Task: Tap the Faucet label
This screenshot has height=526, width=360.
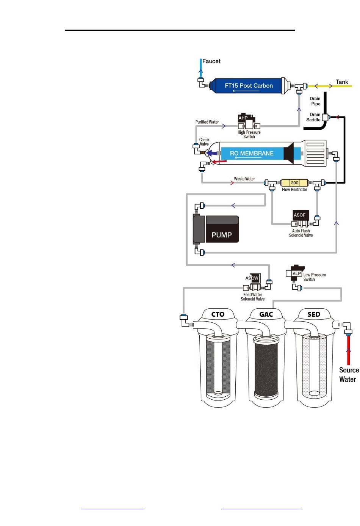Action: (x=211, y=61)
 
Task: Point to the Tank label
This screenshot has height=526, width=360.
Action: (x=342, y=82)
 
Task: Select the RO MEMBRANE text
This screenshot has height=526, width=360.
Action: (x=252, y=153)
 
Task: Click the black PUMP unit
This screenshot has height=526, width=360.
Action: (x=216, y=229)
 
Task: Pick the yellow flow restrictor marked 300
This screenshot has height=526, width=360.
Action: (x=294, y=183)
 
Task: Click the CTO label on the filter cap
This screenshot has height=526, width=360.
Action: (x=218, y=314)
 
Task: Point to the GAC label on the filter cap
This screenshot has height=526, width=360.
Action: (x=266, y=314)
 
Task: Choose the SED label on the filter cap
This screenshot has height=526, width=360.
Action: (x=314, y=314)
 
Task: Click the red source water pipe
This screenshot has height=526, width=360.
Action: (x=349, y=350)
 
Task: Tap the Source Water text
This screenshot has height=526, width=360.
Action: (x=349, y=375)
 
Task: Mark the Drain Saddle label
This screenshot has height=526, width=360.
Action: (x=313, y=117)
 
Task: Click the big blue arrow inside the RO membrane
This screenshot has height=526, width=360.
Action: (x=212, y=153)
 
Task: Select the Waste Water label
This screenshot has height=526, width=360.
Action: (x=244, y=179)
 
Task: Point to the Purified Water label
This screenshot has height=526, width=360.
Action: (x=207, y=122)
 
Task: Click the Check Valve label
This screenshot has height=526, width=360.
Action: (x=204, y=142)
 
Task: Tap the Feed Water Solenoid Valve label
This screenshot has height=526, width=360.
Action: (x=252, y=297)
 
